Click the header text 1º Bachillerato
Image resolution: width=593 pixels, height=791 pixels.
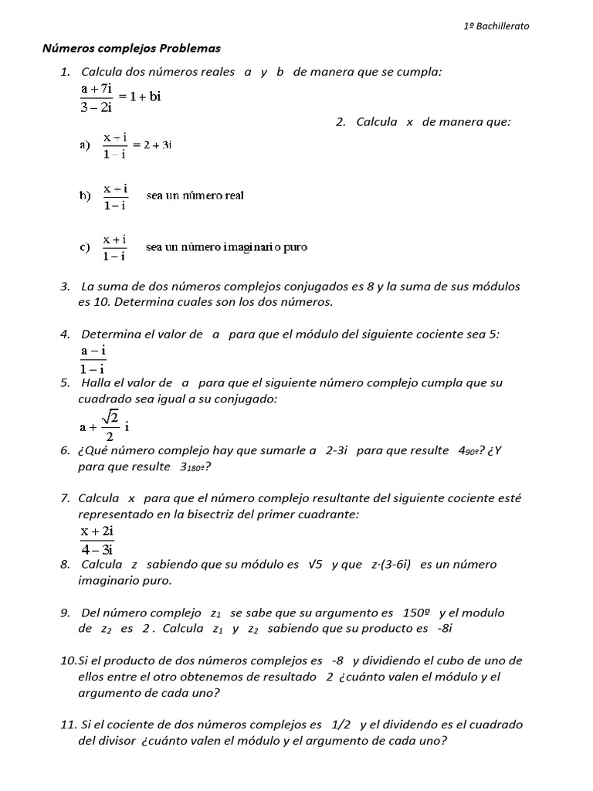(x=496, y=25)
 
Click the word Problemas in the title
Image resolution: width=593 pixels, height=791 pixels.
(x=190, y=49)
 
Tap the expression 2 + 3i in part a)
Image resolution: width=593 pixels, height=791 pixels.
(x=157, y=144)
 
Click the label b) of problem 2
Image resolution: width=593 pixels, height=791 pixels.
(x=85, y=195)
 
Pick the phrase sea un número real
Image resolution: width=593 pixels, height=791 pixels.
(x=195, y=195)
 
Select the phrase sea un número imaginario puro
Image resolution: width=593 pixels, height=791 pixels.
(x=226, y=247)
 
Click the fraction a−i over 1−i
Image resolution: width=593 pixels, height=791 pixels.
(x=93, y=359)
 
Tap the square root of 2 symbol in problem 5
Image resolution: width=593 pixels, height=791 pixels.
(x=110, y=418)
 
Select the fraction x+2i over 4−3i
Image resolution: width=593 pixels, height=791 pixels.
(x=97, y=540)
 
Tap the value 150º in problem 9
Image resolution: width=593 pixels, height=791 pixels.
(x=416, y=613)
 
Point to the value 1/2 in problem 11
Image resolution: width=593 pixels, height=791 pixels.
(x=341, y=725)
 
